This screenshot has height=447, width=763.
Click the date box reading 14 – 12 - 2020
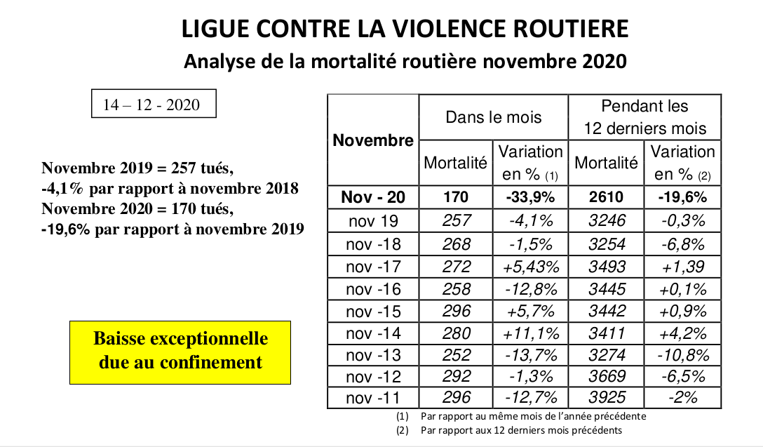(154, 104)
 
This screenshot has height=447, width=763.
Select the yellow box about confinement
(180, 352)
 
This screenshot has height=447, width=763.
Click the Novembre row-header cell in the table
(373, 140)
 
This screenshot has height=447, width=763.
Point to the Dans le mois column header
(494, 117)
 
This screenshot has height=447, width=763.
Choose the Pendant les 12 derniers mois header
(644, 117)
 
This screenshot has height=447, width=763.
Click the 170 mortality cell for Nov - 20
(456, 197)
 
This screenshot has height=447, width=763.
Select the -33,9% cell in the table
(530, 197)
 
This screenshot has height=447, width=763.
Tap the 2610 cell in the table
(607, 197)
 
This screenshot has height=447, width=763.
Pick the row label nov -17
(373, 267)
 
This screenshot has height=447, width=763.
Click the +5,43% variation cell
(531, 267)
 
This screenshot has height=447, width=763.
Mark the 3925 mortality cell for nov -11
(607, 397)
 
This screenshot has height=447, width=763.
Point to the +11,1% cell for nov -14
(531, 333)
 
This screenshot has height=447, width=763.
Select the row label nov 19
(373, 221)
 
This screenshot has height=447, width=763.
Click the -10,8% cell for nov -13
(683, 356)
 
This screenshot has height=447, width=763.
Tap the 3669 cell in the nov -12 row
(607, 376)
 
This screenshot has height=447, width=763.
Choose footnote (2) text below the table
(509, 430)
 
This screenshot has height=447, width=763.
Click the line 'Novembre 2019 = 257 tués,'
(137, 168)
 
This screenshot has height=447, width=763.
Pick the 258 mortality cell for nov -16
(456, 289)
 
